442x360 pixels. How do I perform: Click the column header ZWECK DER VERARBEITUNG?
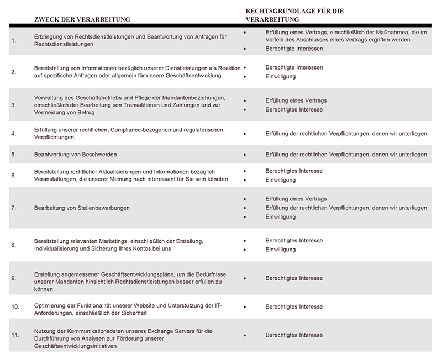[82, 19]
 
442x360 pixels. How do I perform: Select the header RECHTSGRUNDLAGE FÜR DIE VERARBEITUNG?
[298, 15]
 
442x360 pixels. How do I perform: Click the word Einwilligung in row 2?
[281, 76]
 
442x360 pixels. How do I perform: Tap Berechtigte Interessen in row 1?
[294, 49]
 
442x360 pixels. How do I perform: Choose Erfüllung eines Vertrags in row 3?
[296, 100]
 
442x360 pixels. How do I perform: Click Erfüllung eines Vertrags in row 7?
[296, 199]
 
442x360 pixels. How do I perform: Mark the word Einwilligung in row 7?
[281, 217]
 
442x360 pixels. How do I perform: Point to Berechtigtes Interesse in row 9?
[294, 279]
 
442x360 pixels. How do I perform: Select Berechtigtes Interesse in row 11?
[294, 335]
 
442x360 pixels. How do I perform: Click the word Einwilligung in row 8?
[281, 250]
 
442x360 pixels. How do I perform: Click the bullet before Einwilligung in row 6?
[244, 180]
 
